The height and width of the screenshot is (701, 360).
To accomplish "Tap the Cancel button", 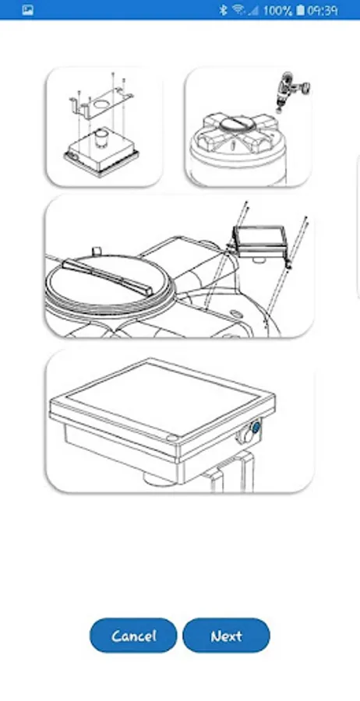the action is (x=133, y=636).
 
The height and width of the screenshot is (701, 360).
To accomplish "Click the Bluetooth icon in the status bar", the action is (x=223, y=10).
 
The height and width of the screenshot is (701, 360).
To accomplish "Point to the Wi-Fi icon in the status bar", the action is (x=238, y=10).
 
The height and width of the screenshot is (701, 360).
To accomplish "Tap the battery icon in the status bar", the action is (x=300, y=10).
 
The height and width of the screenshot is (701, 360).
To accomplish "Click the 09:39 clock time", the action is (x=323, y=10).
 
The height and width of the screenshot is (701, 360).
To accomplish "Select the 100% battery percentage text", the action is (x=277, y=10).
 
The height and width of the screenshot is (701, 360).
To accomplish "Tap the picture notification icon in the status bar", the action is (x=28, y=10).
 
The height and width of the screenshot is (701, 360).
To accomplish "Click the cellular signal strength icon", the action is (x=253, y=10).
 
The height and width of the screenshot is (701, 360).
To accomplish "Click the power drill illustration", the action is (x=291, y=91).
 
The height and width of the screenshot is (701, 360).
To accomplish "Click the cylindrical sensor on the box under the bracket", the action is (x=100, y=139).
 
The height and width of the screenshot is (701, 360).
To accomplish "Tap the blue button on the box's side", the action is (x=256, y=428).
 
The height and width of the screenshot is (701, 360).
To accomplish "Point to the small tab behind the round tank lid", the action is (x=95, y=249).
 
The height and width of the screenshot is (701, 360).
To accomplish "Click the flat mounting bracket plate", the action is (x=101, y=103).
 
